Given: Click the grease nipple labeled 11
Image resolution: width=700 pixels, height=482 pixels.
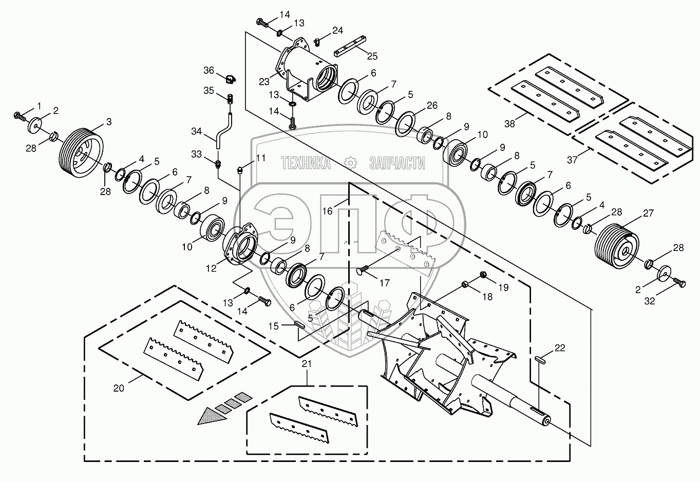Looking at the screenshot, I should [240, 169].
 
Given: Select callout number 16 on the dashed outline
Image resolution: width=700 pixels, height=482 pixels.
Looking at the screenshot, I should [328, 210].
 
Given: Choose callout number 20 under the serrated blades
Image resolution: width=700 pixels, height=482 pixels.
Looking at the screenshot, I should [119, 388].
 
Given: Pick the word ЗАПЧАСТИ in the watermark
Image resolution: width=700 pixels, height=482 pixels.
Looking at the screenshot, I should [397, 163].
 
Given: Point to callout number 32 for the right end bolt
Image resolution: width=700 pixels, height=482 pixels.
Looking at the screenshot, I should [650, 301].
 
